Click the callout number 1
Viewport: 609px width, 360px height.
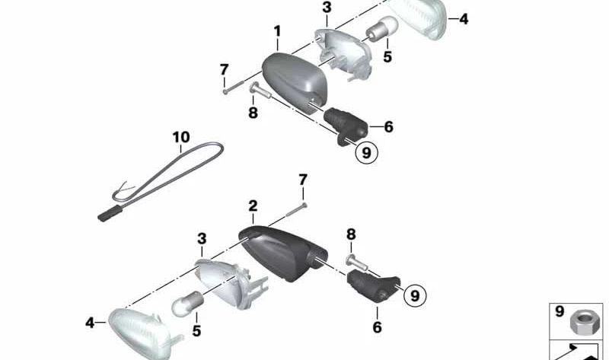(x=277, y=31)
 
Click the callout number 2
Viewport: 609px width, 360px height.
(x=253, y=206)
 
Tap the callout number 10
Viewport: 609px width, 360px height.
(x=181, y=137)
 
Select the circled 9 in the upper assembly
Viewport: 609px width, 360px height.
(x=366, y=153)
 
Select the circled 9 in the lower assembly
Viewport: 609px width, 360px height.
(x=415, y=295)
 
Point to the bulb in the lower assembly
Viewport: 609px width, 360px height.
(x=188, y=302)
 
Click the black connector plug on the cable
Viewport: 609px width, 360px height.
(x=110, y=214)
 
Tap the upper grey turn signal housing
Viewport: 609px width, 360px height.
(x=295, y=81)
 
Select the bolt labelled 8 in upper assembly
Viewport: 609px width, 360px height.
(x=260, y=91)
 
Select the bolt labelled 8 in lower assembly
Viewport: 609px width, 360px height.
(x=356, y=263)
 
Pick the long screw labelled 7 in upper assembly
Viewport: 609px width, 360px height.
(x=233, y=86)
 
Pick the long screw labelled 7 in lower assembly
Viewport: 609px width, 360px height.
(x=297, y=210)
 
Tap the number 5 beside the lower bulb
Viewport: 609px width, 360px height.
(x=196, y=331)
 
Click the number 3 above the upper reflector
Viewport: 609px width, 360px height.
(x=327, y=8)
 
